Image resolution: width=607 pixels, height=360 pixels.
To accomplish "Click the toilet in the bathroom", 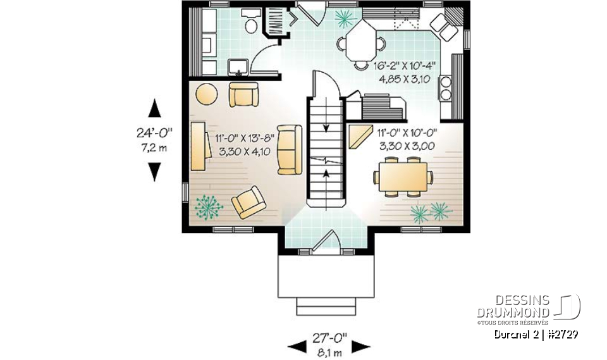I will [x=251, y=25].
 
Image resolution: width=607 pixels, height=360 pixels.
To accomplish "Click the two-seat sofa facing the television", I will [x=290, y=149].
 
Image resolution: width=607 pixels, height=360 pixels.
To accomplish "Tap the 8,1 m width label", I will [x=329, y=352].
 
